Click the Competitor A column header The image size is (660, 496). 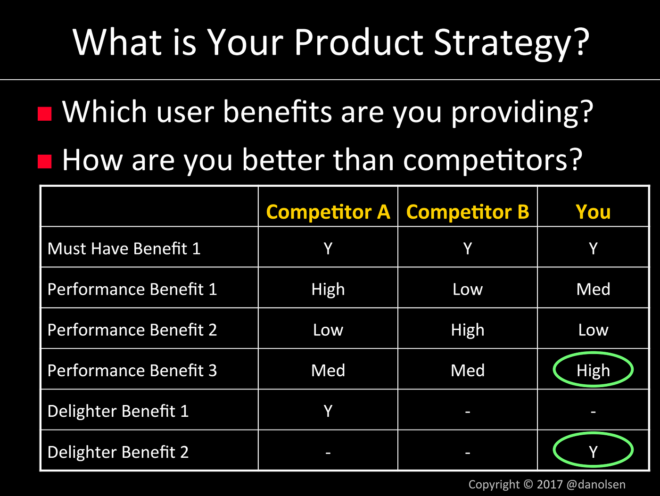pyautogui.click(x=328, y=212)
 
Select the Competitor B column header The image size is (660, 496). pyautogui.click(x=467, y=212)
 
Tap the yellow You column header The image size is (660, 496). pyautogui.click(x=593, y=212)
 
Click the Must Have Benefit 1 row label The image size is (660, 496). pyautogui.click(x=124, y=248)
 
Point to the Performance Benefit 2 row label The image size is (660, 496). pyautogui.click(x=132, y=330)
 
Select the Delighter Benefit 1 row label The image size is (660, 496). pyautogui.click(x=118, y=411)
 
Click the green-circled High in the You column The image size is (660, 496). pyautogui.click(x=593, y=370)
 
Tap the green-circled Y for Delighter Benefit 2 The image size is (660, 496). pyautogui.click(x=593, y=452)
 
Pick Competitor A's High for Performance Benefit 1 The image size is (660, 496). pyautogui.click(x=328, y=289)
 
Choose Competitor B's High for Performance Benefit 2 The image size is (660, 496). pyautogui.click(x=467, y=330)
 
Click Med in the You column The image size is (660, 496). pyautogui.click(x=593, y=289)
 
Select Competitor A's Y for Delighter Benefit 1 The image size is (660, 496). pyautogui.click(x=328, y=411)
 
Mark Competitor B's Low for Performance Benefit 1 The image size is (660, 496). pyautogui.click(x=467, y=289)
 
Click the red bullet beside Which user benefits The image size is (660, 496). pyautogui.click(x=45, y=114)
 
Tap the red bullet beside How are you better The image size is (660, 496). pyautogui.click(x=45, y=161)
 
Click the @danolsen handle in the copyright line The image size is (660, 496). pyautogui.click(x=596, y=484)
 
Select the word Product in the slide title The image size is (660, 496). pyautogui.click(x=358, y=42)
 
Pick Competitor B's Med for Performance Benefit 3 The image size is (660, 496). pyautogui.click(x=467, y=370)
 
